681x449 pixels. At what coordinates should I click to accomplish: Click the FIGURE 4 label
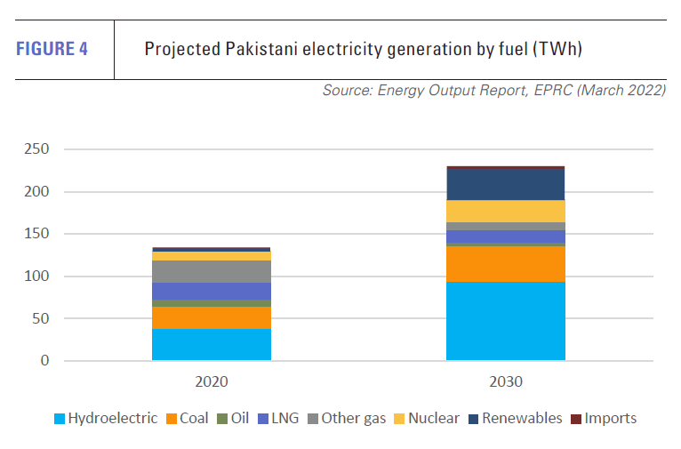click(52, 49)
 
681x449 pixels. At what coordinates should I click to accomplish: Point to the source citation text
click(493, 92)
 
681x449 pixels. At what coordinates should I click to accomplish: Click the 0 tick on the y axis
click(44, 361)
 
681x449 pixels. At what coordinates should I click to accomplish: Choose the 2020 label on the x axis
click(211, 382)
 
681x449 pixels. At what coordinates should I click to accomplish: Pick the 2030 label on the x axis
click(505, 382)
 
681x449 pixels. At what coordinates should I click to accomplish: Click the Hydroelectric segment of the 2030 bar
click(505, 321)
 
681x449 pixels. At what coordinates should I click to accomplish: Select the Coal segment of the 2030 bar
click(505, 264)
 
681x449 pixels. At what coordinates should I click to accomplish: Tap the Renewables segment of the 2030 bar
click(505, 184)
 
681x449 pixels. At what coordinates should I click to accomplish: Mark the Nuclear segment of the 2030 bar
click(505, 211)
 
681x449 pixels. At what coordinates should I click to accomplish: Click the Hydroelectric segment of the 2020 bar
click(211, 344)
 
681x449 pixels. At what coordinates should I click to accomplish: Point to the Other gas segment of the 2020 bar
click(211, 271)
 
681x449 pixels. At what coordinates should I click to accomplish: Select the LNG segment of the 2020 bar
click(211, 291)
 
